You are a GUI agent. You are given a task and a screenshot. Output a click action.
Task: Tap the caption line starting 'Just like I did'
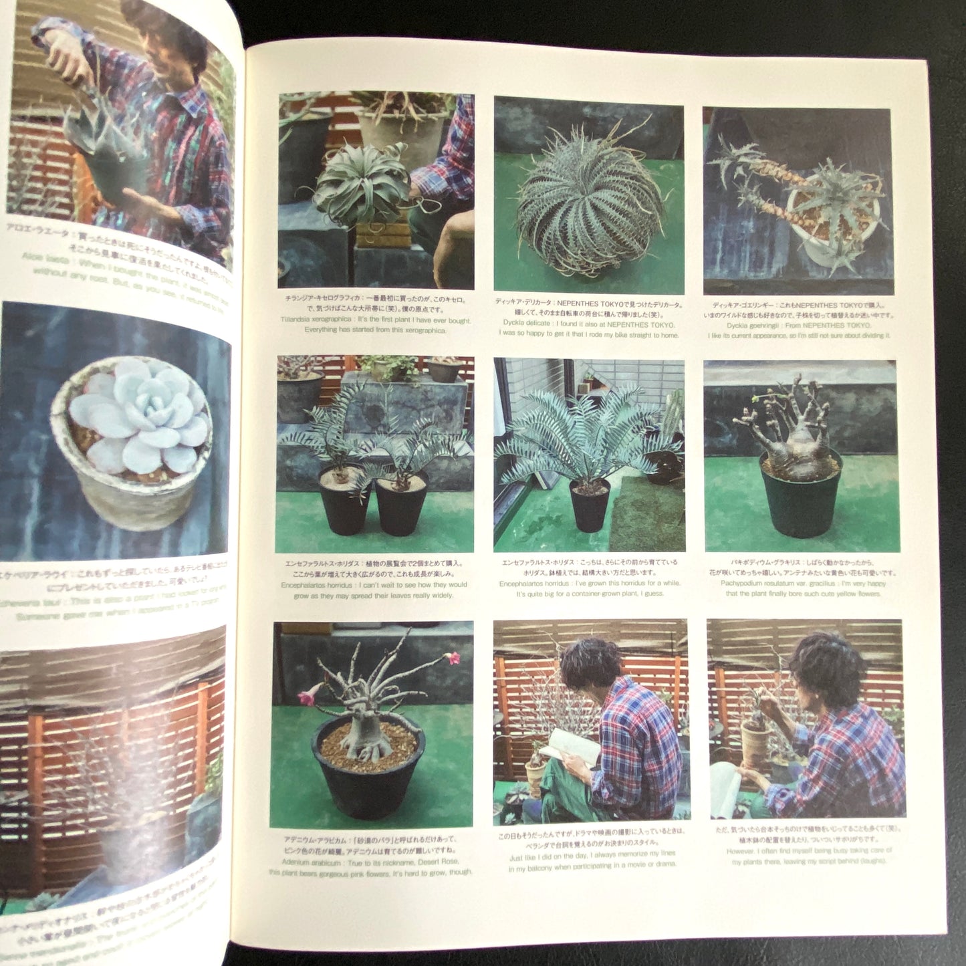click(592, 854)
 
